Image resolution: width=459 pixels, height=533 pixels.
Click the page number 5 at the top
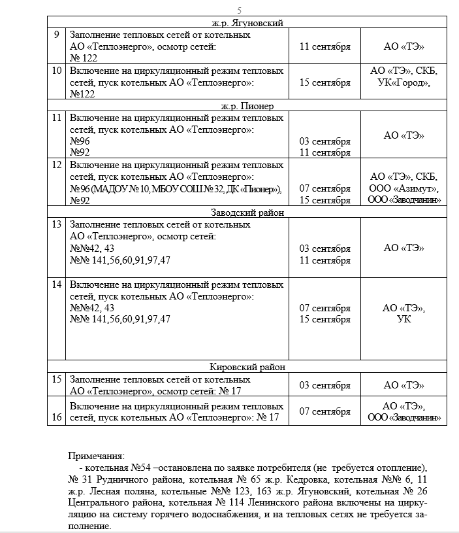coord(240,10)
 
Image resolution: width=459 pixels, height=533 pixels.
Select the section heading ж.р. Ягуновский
coord(247,22)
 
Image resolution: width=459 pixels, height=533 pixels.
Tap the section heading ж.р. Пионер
coord(247,105)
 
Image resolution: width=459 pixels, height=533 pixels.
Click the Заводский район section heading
coord(247,213)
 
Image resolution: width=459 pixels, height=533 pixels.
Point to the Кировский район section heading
coord(247,367)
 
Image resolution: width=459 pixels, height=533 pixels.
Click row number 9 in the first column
coord(57,35)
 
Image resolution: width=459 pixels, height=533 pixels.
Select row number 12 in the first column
coord(57,165)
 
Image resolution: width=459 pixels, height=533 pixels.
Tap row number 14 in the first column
coord(57,284)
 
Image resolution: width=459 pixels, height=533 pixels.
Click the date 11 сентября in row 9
coord(324,46)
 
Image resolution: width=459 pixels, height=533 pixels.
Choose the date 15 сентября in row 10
coord(324,82)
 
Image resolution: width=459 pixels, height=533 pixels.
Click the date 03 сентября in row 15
coord(324,385)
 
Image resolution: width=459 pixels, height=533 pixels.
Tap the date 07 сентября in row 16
coord(324,411)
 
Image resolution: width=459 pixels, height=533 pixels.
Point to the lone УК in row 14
coord(404,319)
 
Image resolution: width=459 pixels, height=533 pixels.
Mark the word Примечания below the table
coord(96,456)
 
